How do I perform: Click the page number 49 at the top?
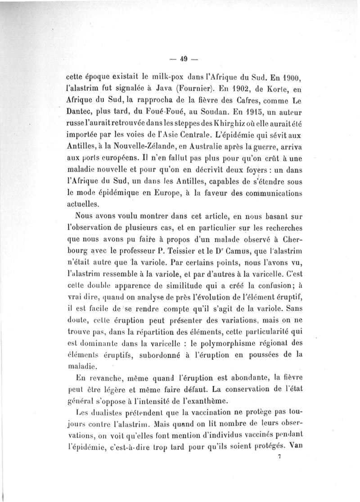coord(183,58)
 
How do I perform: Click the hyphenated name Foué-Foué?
coord(159,110)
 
